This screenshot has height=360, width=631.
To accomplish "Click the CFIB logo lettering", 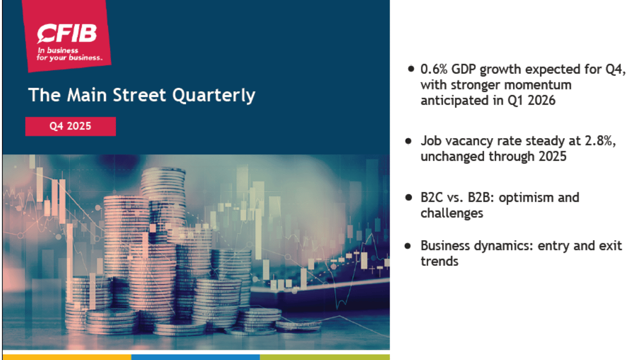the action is (67, 33).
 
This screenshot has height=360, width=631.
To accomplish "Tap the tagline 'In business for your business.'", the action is (70, 54).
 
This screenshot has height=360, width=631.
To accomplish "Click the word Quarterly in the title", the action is (214, 96).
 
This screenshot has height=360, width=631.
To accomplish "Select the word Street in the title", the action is (139, 95).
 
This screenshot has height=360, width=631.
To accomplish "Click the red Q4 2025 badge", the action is (70, 126).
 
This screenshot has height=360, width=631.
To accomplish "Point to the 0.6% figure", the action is (434, 70).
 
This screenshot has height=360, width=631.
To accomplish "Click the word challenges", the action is (452, 214).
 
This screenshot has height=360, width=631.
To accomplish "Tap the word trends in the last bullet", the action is (439, 262).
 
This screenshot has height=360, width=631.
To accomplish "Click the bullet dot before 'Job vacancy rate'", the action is (409, 141).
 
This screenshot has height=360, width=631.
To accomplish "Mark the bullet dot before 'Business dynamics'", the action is (408, 246).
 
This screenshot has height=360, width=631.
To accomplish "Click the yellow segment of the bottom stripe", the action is (67, 357).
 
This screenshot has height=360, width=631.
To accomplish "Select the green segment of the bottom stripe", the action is (325, 357).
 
